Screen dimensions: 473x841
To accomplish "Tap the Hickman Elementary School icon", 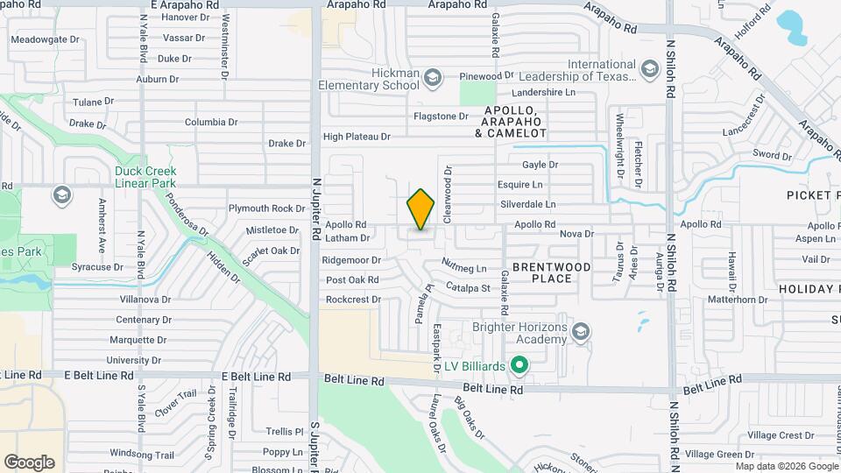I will [432, 79].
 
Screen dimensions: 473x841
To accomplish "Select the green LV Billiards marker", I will [519, 364].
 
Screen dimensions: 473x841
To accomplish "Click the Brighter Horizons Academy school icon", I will [580, 332].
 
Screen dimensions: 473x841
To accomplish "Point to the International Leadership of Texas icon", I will [649, 69].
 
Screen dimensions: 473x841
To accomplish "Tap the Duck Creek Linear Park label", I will [145, 177].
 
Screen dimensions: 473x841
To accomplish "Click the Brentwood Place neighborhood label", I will [553, 272].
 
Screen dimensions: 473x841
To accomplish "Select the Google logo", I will [29, 462].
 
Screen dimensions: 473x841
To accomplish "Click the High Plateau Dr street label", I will [356, 137].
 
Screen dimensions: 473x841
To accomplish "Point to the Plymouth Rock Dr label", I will [261, 208].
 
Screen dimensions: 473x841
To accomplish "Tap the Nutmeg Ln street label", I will [464, 266].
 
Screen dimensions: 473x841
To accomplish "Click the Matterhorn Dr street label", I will [738, 300].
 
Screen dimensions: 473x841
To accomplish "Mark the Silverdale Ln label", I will [528, 204].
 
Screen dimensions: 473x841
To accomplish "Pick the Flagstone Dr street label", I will [441, 116].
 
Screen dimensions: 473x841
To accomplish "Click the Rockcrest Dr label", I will [353, 300].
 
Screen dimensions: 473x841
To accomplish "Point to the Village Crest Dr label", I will [781, 435].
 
